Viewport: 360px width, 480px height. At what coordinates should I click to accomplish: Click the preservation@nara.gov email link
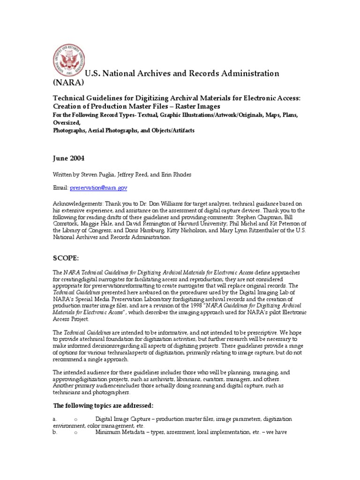99,187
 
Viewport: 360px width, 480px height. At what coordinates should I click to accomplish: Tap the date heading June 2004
69,158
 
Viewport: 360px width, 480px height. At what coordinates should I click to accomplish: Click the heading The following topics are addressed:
103,405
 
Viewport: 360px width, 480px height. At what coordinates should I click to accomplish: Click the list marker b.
54,433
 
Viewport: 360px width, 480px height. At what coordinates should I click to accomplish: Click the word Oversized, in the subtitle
65,123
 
